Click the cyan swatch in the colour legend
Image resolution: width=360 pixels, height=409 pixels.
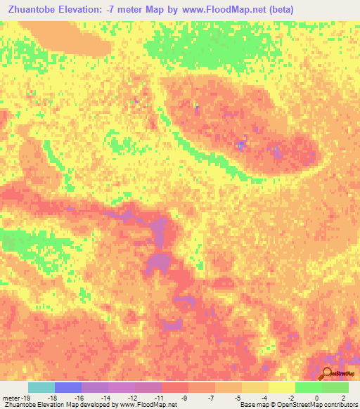41,387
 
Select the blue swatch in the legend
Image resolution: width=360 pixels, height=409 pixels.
68,387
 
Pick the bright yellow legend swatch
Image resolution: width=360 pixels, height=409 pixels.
281,387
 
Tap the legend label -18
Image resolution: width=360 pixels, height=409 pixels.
55,398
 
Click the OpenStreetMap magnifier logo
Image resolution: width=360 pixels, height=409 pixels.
328,374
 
